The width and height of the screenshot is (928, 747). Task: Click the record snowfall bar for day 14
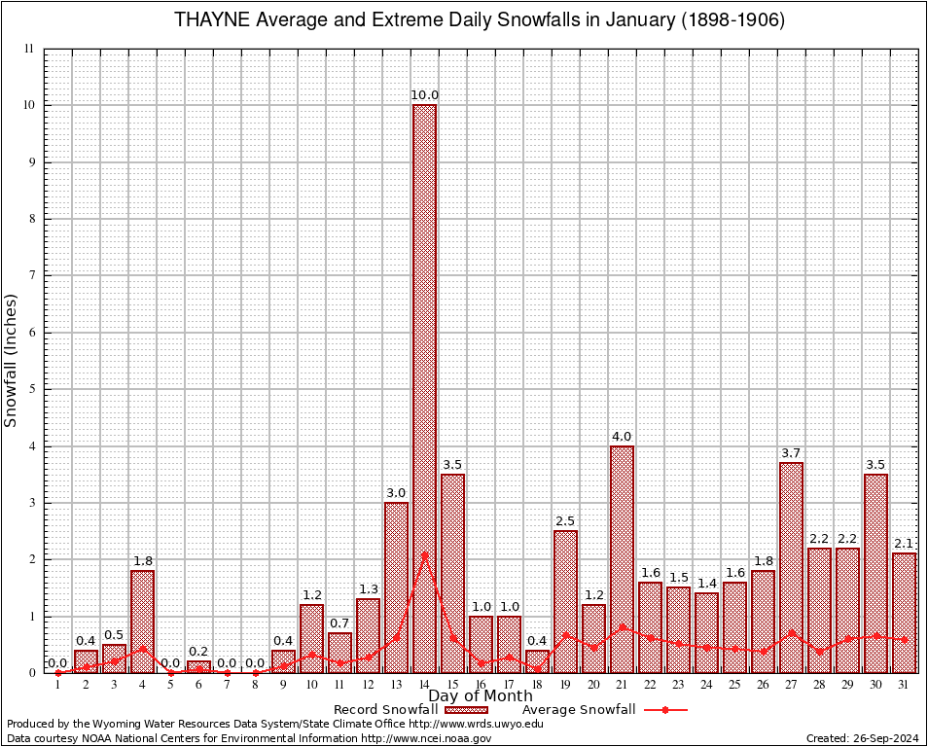tap(424, 389)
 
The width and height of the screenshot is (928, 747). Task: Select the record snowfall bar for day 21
tap(622, 559)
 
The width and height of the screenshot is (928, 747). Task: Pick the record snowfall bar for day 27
tap(791, 568)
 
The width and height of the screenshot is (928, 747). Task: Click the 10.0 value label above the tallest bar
tap(424, 95)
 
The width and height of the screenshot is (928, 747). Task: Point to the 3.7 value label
tap(791, 453)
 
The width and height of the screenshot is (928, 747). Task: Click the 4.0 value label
tap(622, 437)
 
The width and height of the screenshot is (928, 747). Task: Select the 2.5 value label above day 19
tap(565, 521)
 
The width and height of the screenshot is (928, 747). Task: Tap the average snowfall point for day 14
tap(424, 555)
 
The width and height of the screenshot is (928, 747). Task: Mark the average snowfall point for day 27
tap(791, 631)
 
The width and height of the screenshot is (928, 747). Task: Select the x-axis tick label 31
tap(904, 685)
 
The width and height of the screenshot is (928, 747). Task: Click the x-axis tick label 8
tap(255, 685)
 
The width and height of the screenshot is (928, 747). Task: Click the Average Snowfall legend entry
tap(603, 710)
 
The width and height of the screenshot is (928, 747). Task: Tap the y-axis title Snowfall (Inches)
tap(12, 360)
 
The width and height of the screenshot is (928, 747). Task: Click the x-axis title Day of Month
tap(481, 696)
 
